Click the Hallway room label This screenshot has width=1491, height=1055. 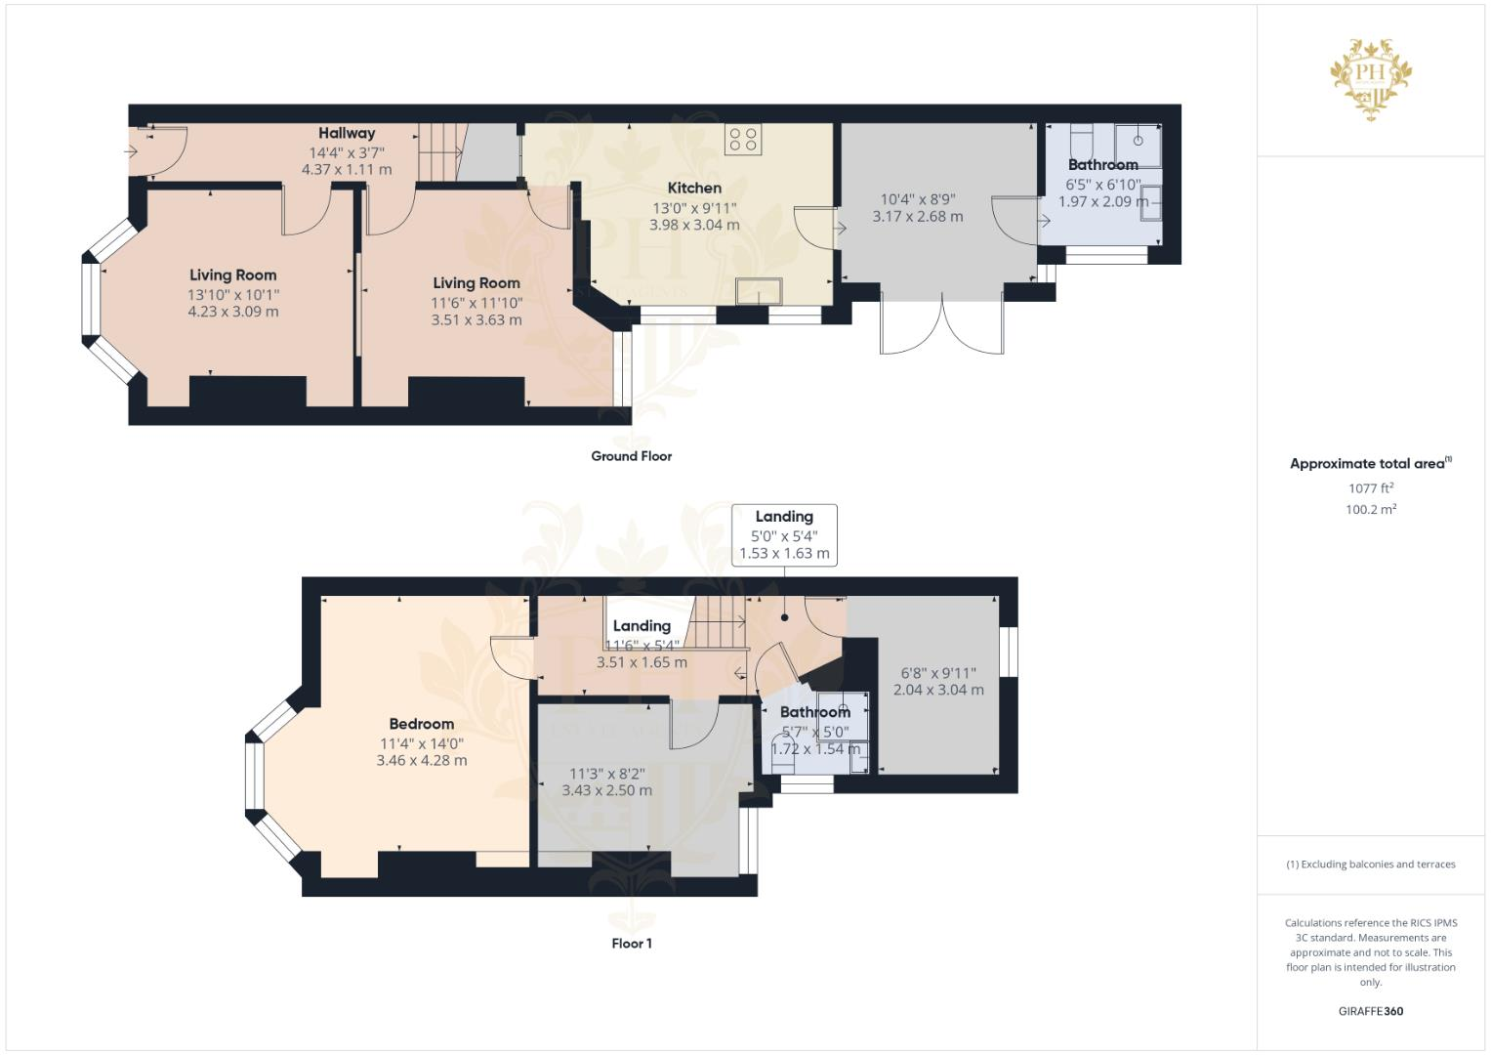[x=346, y=133]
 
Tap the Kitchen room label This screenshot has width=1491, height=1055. [x=694, y=188]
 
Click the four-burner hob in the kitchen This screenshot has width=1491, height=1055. [x=743, y=139]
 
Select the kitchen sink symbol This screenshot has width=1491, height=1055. [x=759, y=291]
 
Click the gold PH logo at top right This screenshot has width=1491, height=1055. [x=1371, y=78]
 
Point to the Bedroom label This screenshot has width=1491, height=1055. [x=421, y=724]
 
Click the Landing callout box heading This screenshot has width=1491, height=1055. [x=783, y=516]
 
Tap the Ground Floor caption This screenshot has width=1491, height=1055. [x=631, y=456]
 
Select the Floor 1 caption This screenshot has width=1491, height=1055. [x=631, y=944]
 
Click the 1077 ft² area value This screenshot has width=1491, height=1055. [x=1370, y=488]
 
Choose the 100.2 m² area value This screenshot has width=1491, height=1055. [x=1370, y=509]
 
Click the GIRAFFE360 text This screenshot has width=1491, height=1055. [x=1370, y=1011]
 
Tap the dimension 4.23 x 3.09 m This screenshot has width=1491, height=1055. [x=232, y=312]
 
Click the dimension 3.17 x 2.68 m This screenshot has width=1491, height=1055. [x=917, y=217]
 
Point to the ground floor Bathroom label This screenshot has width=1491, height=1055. [x=1102, y=165]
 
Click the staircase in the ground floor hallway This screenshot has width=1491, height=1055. [x=439, y=151]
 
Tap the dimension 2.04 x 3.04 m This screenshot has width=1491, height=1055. [x=937, y=690]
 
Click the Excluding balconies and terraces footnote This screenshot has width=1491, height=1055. [x=1370, y=865]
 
